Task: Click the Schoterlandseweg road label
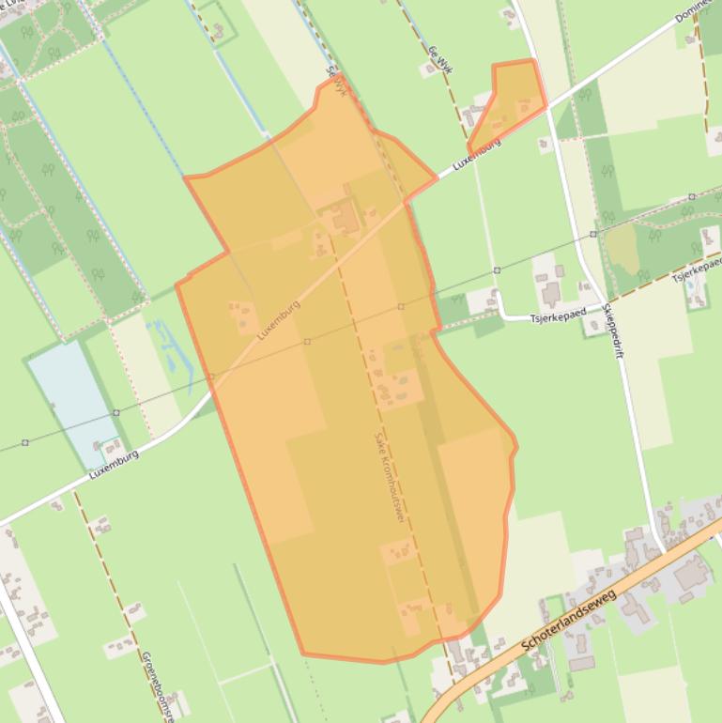[569, 622]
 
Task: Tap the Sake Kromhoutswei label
[390, 475]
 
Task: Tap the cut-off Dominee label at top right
[697, 18]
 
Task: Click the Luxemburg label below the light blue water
[115, 464]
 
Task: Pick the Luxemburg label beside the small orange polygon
[476, 153]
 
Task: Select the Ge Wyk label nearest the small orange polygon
[437, 61]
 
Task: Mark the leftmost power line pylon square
[25, 441]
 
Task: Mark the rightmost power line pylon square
[692, 197]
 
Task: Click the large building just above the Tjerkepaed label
[550, 293]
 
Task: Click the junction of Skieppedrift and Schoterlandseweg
[663, 549]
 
